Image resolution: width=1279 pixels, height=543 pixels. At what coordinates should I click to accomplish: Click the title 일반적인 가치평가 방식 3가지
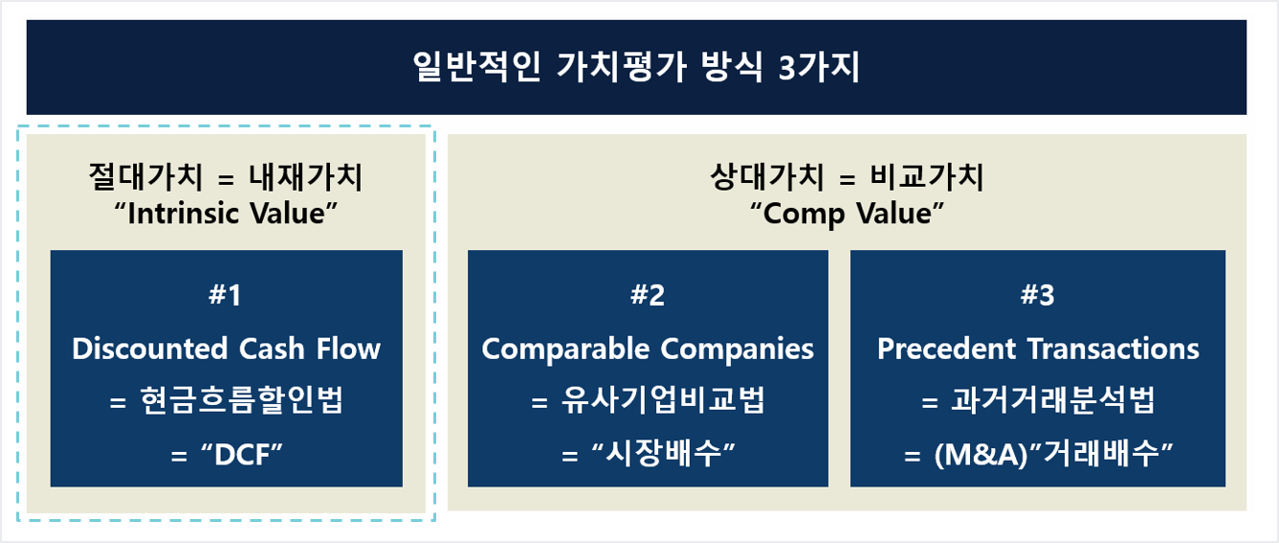click(636, 67)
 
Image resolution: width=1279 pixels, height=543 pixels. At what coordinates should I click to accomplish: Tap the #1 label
click(225, 295)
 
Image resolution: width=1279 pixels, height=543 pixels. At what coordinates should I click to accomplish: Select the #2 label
click(648, 295)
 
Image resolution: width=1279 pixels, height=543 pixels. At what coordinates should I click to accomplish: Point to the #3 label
click(1038, 295)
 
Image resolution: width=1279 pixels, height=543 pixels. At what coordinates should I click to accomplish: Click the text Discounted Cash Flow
click(226, 349)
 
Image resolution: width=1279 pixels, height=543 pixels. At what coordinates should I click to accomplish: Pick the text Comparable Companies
click(648, 350)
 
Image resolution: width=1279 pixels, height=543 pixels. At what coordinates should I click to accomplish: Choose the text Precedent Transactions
click(1038, 349)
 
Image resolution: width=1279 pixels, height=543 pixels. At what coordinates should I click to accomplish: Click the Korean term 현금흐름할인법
click(241, 399)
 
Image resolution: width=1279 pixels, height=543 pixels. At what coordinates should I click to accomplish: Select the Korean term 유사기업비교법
click(663, 399)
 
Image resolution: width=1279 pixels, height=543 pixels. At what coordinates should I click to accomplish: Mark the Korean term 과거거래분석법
click(1053, 399)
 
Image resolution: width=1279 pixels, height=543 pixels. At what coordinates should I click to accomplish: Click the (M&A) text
click(981, 455)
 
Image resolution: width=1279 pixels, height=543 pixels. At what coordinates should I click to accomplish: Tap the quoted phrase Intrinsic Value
click(226, 214)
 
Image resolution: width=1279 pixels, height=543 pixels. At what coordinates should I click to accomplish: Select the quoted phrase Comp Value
click(847, 214)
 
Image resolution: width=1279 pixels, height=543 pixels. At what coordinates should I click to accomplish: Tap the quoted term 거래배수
click(1101, 454)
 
